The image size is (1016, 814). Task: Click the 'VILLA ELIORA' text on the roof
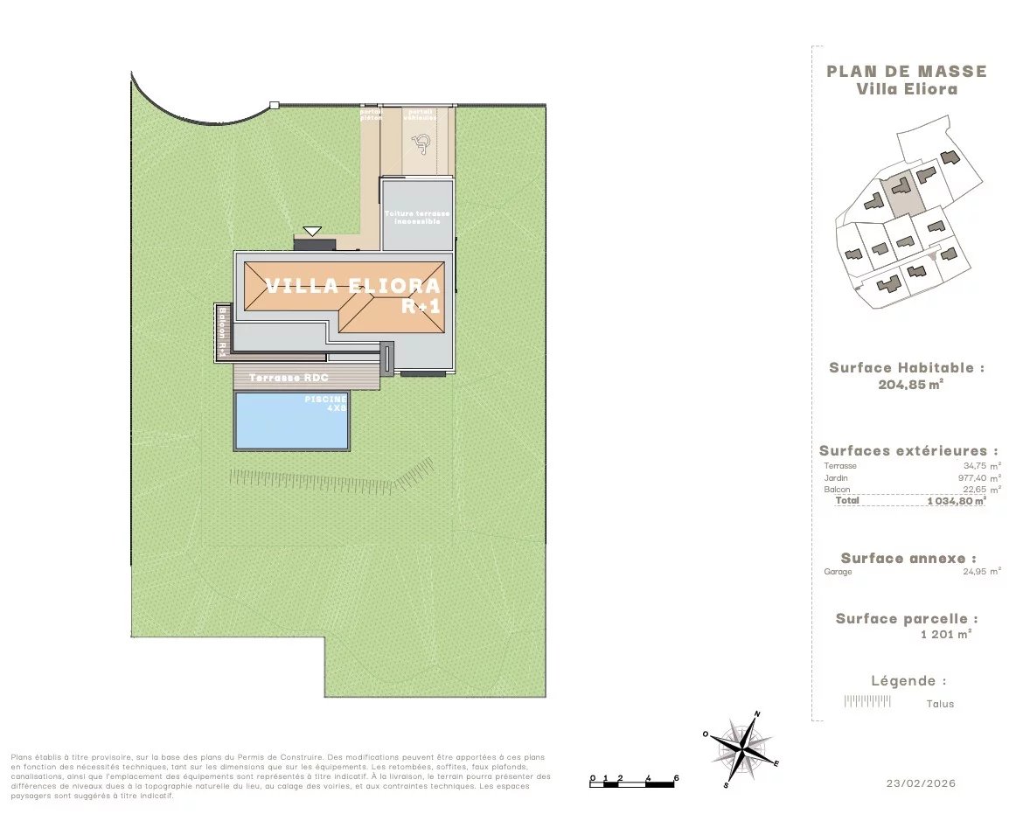tap(353, 286)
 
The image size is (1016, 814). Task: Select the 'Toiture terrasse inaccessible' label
tap(418, 218)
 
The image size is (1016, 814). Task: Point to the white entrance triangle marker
tap(312, 232)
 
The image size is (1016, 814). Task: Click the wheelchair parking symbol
tap(421, 140)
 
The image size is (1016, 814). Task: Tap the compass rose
tap(742, 748)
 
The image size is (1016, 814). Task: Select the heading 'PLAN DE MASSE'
tap(906, 72)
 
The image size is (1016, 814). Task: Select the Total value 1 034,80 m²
tap(957, 502)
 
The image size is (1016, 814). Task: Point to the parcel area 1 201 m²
tap(946, 635)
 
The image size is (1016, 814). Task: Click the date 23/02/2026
tap(921, 783)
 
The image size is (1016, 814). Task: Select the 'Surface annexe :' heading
tap(908, 558)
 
